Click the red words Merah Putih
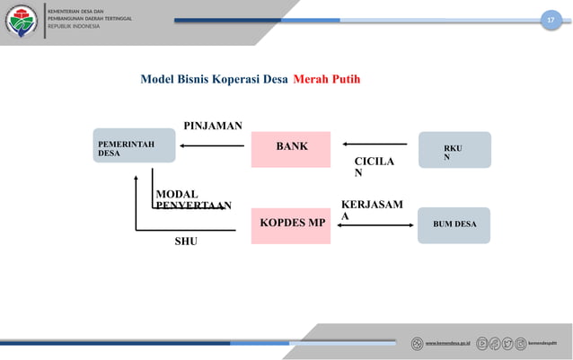point(326,79)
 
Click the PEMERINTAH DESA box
point(135,148)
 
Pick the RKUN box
point(454,150)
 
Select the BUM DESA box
point(454,224)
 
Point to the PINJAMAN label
point(212,126)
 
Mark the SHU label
point(185,241)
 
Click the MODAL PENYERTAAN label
point(192,199)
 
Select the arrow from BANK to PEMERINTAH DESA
point(212,144)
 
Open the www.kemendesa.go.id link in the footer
point(447,343)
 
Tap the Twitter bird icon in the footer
point(509,343)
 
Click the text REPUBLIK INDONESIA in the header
point(75,26)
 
